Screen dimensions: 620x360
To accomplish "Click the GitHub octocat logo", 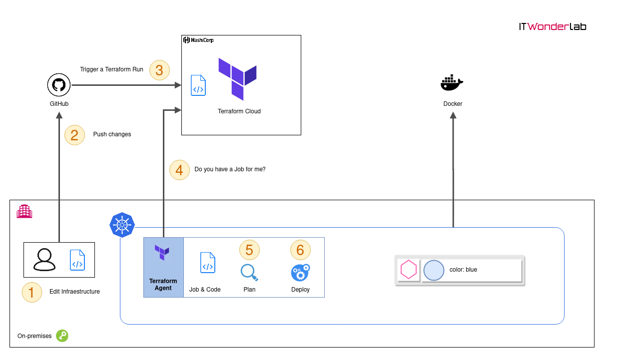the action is tap(58, 85).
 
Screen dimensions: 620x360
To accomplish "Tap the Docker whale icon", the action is tap(452, 82).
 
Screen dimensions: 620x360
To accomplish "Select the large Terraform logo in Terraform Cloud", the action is tap(237, 79).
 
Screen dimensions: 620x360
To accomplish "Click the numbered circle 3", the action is tap(159, 70).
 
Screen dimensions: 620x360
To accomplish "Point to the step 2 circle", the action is tap(74, 135).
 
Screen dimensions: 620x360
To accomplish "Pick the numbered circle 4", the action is tap(179, 170).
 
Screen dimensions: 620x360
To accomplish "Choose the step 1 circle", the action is tap(32, 292).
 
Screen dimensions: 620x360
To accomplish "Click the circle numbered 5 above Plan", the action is tap(249, 250).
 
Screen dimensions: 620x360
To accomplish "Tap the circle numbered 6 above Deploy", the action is tap(300, 250).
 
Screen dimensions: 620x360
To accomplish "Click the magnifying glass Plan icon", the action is tap(249, 273).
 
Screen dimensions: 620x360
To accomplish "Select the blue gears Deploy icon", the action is tap(300, 273).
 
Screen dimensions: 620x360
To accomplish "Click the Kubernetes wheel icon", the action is tap(122, 225).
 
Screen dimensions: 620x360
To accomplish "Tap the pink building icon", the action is tap(24, 211).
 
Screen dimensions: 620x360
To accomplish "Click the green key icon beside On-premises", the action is tap(62, 336).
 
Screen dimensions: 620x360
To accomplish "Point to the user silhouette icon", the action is tap(44, 260).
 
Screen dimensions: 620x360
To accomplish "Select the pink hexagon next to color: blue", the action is tap(409, 269).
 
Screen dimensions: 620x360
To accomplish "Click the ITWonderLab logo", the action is tap(553, 26).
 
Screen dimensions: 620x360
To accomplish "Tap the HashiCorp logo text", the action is tap(198, 40).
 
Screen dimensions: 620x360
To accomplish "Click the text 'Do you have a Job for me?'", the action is tap(230, 169).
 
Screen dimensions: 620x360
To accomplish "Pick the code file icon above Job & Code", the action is tap(208, 263).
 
